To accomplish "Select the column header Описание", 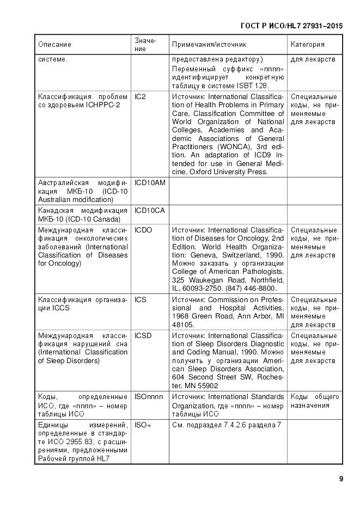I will (54, 45).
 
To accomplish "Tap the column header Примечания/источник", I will (209, 45).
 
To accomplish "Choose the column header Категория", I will (308, 45).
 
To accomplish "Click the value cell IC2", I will (140, 97).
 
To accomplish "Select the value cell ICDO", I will (143, 230).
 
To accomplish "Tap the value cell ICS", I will (140, 300).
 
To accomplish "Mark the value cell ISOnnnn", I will (149, 397).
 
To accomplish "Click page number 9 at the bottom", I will (340, 479).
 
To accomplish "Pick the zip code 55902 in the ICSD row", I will (211, 385).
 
